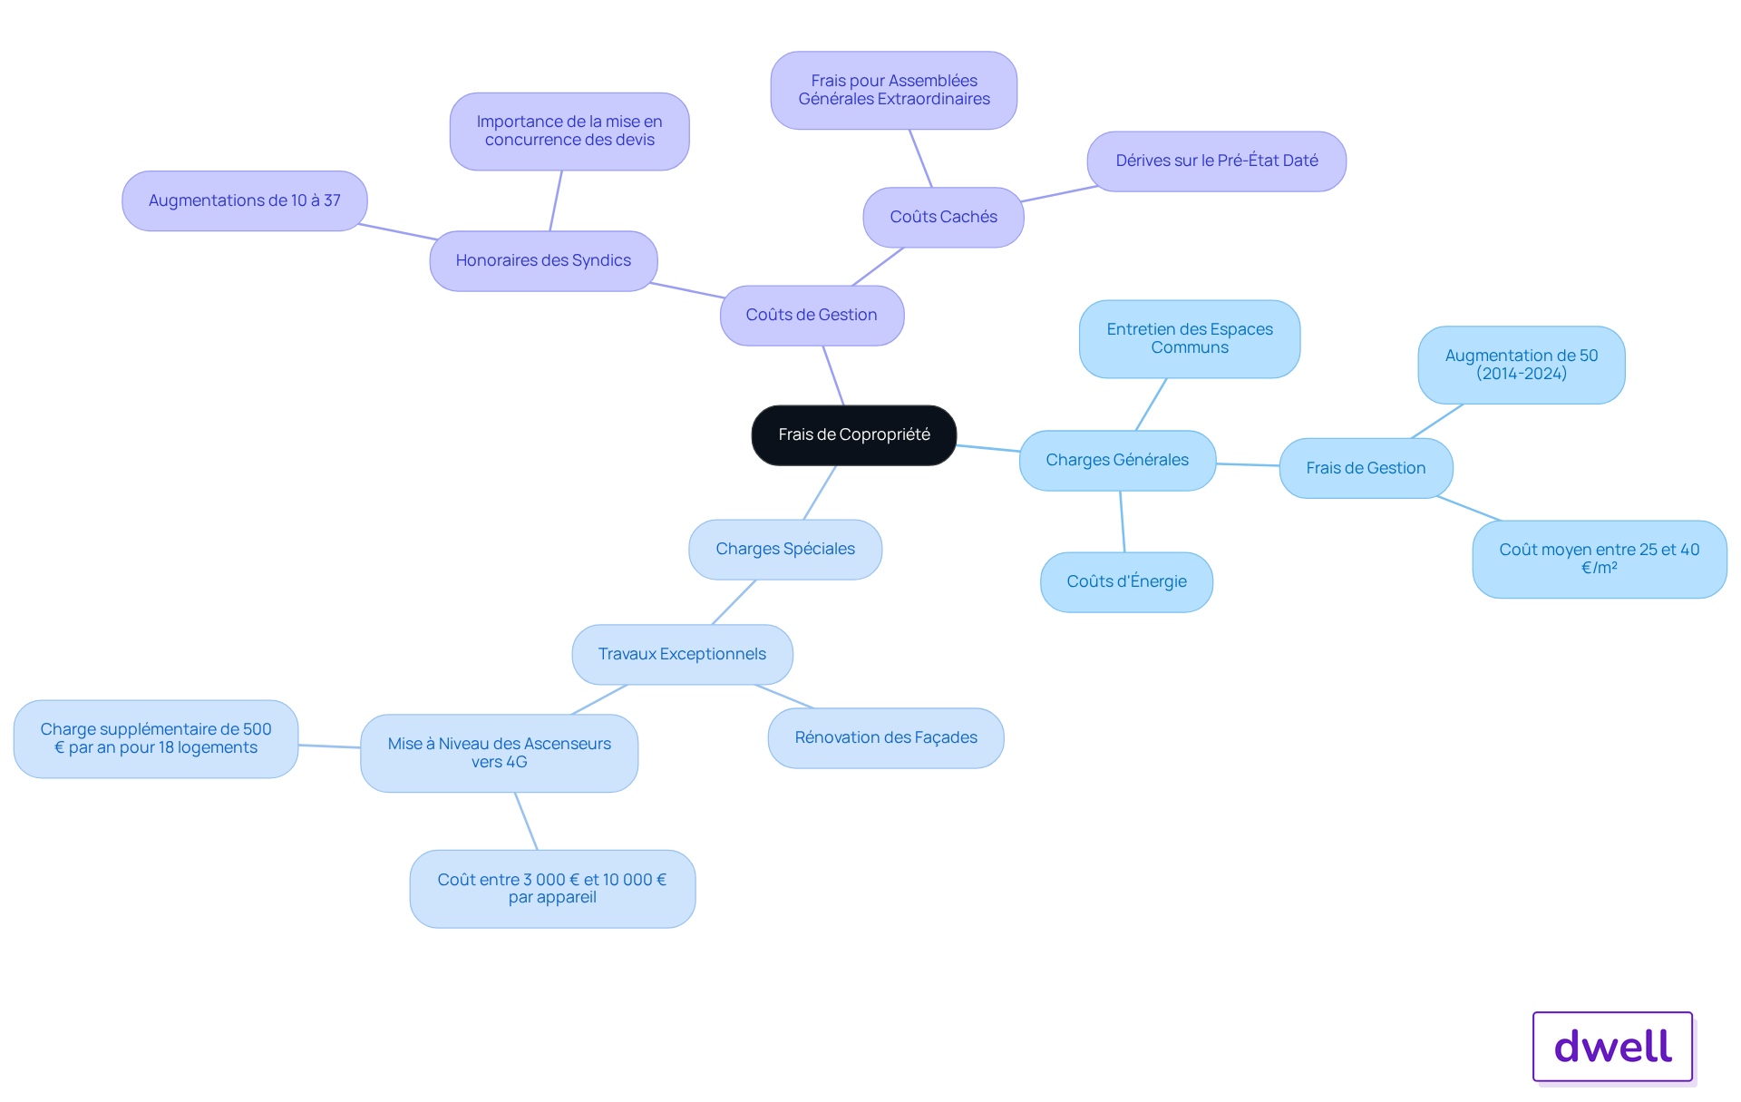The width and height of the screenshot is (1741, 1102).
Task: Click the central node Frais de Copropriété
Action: pos(853,435)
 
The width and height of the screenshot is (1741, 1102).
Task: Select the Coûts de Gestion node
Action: pos(812,316)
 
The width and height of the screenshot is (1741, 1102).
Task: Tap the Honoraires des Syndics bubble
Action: pos(543,261)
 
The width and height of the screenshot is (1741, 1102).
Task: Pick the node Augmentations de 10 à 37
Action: pos(245,201)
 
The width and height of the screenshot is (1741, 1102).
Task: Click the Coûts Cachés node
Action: pos(943,218)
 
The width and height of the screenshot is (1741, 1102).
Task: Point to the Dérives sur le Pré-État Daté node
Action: pos(1217,161)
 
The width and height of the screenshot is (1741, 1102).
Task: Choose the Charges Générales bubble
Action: pos(1117,461)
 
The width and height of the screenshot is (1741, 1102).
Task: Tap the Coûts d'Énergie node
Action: pos(1126,582)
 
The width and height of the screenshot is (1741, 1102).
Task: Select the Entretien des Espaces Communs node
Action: pos(1190,339)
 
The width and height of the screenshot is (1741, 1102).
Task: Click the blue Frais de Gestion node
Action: pos(1366,469)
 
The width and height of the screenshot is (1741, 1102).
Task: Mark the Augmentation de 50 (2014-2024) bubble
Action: pos(1522,366)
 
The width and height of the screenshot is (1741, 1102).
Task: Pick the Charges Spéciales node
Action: pos(785,550)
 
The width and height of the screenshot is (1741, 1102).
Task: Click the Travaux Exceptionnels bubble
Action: pos(682,655)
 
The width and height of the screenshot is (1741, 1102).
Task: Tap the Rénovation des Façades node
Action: pos(886,738)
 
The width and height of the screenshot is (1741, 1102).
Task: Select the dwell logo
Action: pos(1613,1047)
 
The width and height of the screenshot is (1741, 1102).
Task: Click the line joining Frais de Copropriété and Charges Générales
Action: pos(988,448)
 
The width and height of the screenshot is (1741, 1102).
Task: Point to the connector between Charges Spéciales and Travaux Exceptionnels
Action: pos(734,602)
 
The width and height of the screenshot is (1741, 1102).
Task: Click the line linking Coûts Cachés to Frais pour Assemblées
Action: pos(920,159)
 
